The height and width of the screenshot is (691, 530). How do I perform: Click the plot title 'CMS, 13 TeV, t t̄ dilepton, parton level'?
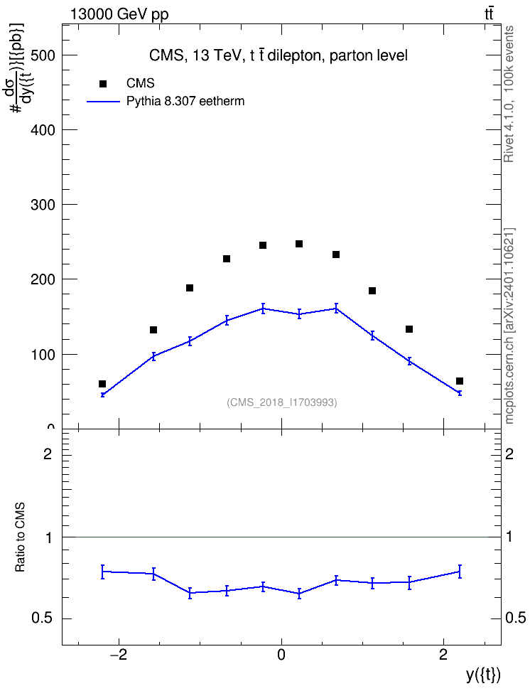coord(278,55)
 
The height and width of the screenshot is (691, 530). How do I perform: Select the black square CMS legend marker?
coord(103,84)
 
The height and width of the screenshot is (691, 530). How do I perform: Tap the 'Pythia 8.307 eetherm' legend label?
coord(185,102)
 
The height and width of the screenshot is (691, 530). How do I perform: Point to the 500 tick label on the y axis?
coord(43,55)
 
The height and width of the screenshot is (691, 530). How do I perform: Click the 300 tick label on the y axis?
coord(43,205)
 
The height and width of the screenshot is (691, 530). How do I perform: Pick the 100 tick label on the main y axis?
coord(43,354)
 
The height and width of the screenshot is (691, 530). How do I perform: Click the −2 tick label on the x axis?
coord(118,655)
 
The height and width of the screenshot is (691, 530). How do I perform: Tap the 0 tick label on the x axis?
coord(281,655)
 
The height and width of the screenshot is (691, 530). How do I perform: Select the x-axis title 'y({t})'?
coord(483,675)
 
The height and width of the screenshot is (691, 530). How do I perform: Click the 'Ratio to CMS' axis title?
coord(20,537)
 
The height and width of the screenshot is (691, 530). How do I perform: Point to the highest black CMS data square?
coord(299,244)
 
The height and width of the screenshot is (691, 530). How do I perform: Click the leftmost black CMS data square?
coord(102,384)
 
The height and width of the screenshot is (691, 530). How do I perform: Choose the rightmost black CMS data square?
coord(460,381)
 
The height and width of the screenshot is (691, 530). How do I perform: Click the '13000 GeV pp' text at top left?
coord(119,14)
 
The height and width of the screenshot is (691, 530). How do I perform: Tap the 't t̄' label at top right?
coord(489,14)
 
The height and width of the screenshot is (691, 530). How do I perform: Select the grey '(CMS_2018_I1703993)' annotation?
coord(282,402)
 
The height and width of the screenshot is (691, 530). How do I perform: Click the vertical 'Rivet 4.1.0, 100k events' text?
coord(509,94)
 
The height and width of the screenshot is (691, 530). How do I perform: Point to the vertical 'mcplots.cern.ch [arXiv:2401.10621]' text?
coord(509,326)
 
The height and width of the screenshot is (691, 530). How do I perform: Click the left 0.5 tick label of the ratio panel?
coord(43,618)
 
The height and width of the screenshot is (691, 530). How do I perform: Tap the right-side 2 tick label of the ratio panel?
coord(509,454)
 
